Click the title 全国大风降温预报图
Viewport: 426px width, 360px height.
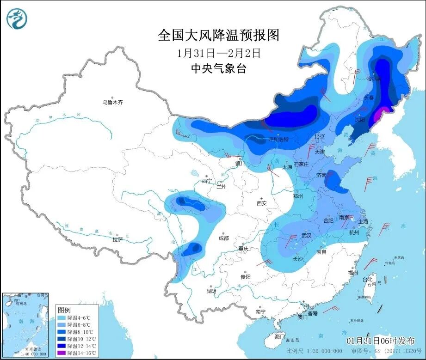click(x=219, y=35)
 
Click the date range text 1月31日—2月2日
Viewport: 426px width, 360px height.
click(x=219, y=53)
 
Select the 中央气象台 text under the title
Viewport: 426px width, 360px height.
click(x=219, y=69)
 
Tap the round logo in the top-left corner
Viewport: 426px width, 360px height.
click(x=17, y=19)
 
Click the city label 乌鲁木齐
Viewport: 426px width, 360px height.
click(x=113, y=102)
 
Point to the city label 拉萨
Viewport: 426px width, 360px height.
click(x=117, y=239)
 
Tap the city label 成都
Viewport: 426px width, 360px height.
click(x=223, y=238)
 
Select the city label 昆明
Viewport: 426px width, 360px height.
click(x=211, y=291)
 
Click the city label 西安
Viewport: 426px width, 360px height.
click(x=261, y=203)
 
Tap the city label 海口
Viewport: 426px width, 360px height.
click(x=280, y=336)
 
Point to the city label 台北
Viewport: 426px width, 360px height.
click(x=367, y=280)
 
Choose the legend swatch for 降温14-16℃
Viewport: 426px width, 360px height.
click(x=62, y=353)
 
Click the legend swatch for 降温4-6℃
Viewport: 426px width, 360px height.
click(x=62, y=318)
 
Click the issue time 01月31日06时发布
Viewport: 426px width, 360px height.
click(x=381, y=341)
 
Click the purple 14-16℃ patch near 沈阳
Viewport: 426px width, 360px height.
click(x=380, y=113)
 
